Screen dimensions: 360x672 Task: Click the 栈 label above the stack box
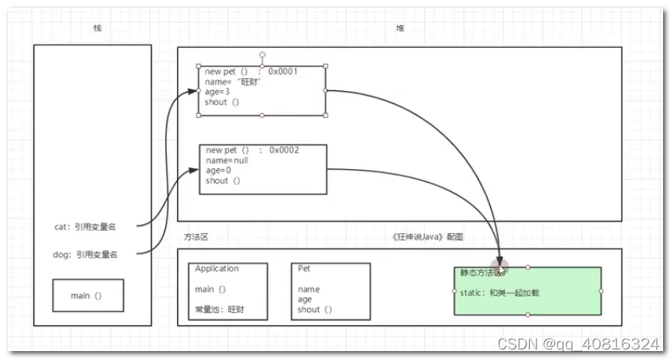[x=98, y=29]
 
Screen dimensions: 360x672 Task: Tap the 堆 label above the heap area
[x=400, y=29]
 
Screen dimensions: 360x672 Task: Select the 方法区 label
[x=197, y=236]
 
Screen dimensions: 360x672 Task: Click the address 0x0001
[x=283, y=72]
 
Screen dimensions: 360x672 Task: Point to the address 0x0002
[x=284, y=150]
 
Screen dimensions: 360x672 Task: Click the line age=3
[x=217, y=92]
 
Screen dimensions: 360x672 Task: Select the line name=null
[x=227, y=161]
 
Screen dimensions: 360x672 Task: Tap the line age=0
[x=219, y=171]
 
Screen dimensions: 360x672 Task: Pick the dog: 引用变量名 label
[x=85, y=254]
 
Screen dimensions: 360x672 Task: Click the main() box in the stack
[x=88, y=296]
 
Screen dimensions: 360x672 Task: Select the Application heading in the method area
[x=217, y=269]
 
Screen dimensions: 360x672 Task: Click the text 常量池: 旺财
[x=219, y=310]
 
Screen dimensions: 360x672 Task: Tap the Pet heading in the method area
[x=304, y=269]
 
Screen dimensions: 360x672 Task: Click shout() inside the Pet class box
[x=314, y=310]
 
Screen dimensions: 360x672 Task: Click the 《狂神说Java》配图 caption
[x=427, y=236]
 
